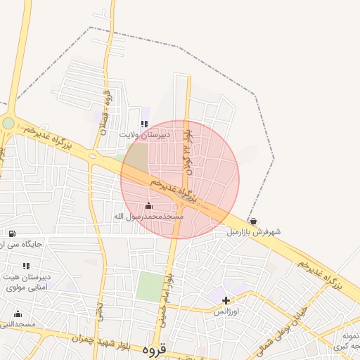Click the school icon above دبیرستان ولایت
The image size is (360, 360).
coord(144,124)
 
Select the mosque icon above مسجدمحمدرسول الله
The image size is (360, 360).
coord(148,206)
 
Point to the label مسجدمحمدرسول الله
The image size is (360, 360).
coord(148,217)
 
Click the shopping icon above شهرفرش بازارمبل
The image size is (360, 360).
coord(253,221)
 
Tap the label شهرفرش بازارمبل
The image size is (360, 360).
coord(253,231)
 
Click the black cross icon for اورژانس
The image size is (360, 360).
coord(226,300)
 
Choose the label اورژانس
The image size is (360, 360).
coord(226,311)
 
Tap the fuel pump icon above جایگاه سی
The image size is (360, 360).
coord(12,233)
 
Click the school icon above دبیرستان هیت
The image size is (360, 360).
coord(26,266)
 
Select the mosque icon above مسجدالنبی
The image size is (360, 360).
coord(18,314)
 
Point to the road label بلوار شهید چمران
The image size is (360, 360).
coord(90,338)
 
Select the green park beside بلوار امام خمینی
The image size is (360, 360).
coord(149,286)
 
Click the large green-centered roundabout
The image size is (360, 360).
coord(8,123)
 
